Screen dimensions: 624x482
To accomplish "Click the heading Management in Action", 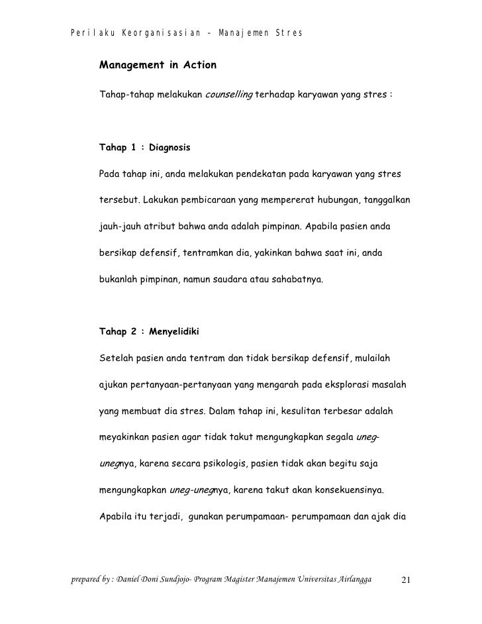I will pyautogui.click(x=157, y=66).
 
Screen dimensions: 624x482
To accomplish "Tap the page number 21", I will pyautogui.click(x=407, y=582).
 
